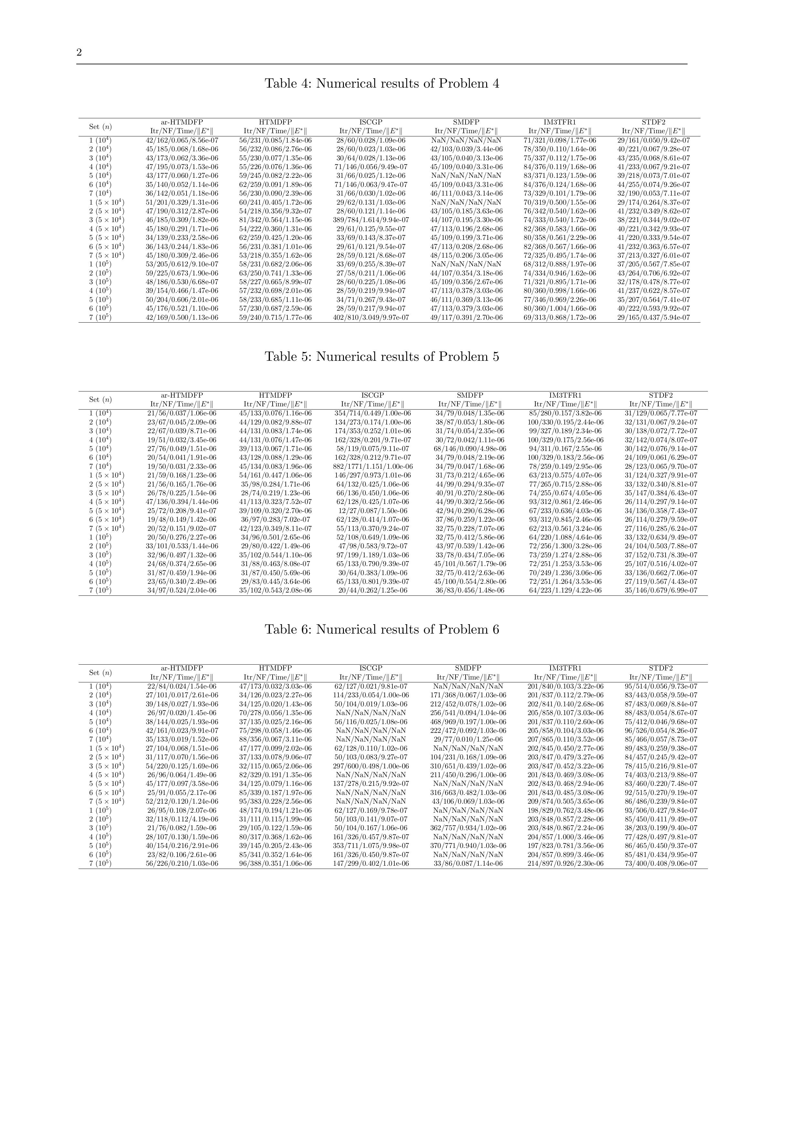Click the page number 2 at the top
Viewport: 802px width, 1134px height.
tap(79, 53)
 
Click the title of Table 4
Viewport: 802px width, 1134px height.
tap(382, 83)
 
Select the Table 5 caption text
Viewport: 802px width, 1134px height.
tap(382, 357)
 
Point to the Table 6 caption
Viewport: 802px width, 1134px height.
tap(382, 630)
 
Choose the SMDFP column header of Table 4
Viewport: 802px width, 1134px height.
tap(466, 122)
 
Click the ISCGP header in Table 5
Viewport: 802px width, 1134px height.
tap(372, 395)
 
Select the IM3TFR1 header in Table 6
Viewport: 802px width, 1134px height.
tap(565, 668)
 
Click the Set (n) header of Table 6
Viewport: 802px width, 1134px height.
tap(100, 673)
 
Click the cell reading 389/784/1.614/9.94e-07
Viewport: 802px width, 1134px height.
tap(371, 220)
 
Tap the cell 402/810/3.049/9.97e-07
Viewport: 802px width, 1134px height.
tap(371, 317)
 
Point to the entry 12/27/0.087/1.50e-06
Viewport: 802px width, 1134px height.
tap(372, 511)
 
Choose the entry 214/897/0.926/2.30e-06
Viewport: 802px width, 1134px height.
tap(565, 864)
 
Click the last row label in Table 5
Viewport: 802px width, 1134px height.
tap(100, 591)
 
